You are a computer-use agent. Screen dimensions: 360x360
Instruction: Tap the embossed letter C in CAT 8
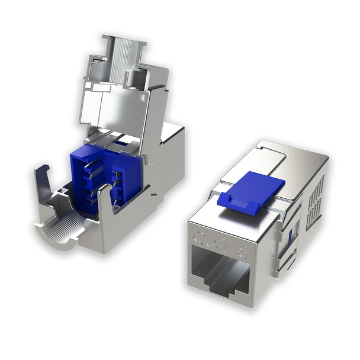tap(200, 237)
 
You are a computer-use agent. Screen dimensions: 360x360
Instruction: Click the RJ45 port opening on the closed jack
tap(220, 271)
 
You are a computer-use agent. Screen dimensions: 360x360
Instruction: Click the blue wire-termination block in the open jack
tap(105, 178)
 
